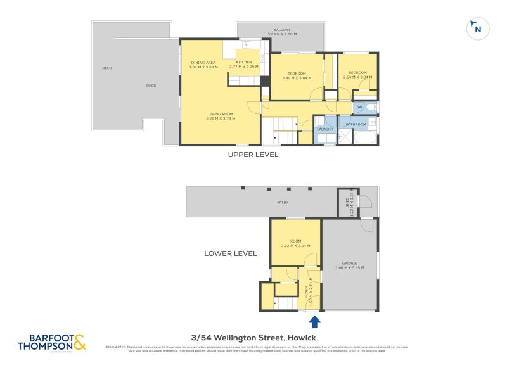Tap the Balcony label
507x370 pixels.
coord(282,32)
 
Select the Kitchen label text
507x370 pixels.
coord(244,64)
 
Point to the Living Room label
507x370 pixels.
coord(220,116)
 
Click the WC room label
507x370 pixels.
coord(360,107)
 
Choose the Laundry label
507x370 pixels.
coord(325,129)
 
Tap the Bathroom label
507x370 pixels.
coord(356,124)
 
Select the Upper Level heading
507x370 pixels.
coord(253,155)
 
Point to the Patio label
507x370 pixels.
coord(282,203)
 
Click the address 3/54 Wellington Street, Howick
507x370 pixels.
coord(253,338)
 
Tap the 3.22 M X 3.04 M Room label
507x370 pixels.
coord(295,244)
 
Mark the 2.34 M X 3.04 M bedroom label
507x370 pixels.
coord(357,75)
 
